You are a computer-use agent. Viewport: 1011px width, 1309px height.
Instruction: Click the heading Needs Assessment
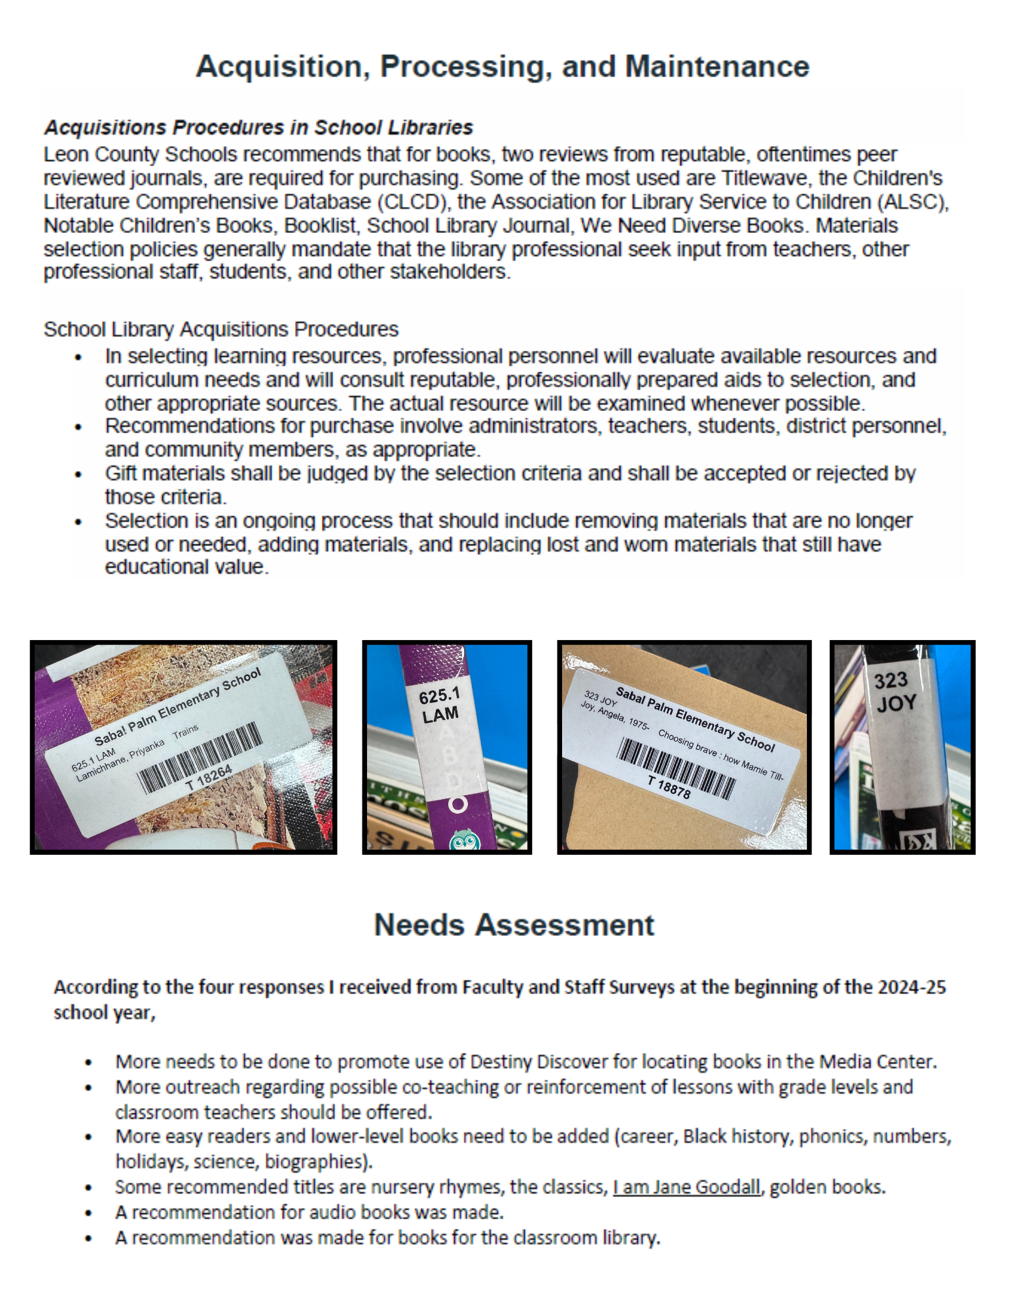(x=514, y=925)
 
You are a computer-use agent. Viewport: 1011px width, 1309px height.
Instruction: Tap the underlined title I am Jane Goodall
(x=686, y=1187)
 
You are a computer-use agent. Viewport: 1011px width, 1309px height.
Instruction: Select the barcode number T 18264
(x=209, y=778)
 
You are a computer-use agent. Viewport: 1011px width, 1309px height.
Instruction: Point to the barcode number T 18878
(x=669, y=787)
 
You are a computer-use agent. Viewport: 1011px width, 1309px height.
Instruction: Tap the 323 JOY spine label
(x=895, y=692)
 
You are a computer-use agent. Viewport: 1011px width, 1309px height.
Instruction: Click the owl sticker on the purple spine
(x=464, y=840)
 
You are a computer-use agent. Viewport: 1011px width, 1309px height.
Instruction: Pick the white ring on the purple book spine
(x=458, y=804)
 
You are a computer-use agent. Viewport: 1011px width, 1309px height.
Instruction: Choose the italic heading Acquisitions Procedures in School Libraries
(x=258, y=127)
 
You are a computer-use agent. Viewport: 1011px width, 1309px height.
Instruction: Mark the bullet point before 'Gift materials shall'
(x=79, y=475)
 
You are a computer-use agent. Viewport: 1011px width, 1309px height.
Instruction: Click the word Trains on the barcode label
(x=186, y=732)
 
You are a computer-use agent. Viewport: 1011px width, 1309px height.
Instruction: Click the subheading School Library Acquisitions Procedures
(x=221, y=329)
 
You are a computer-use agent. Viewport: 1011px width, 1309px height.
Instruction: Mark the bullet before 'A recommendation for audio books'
(x=88, y=1213)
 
